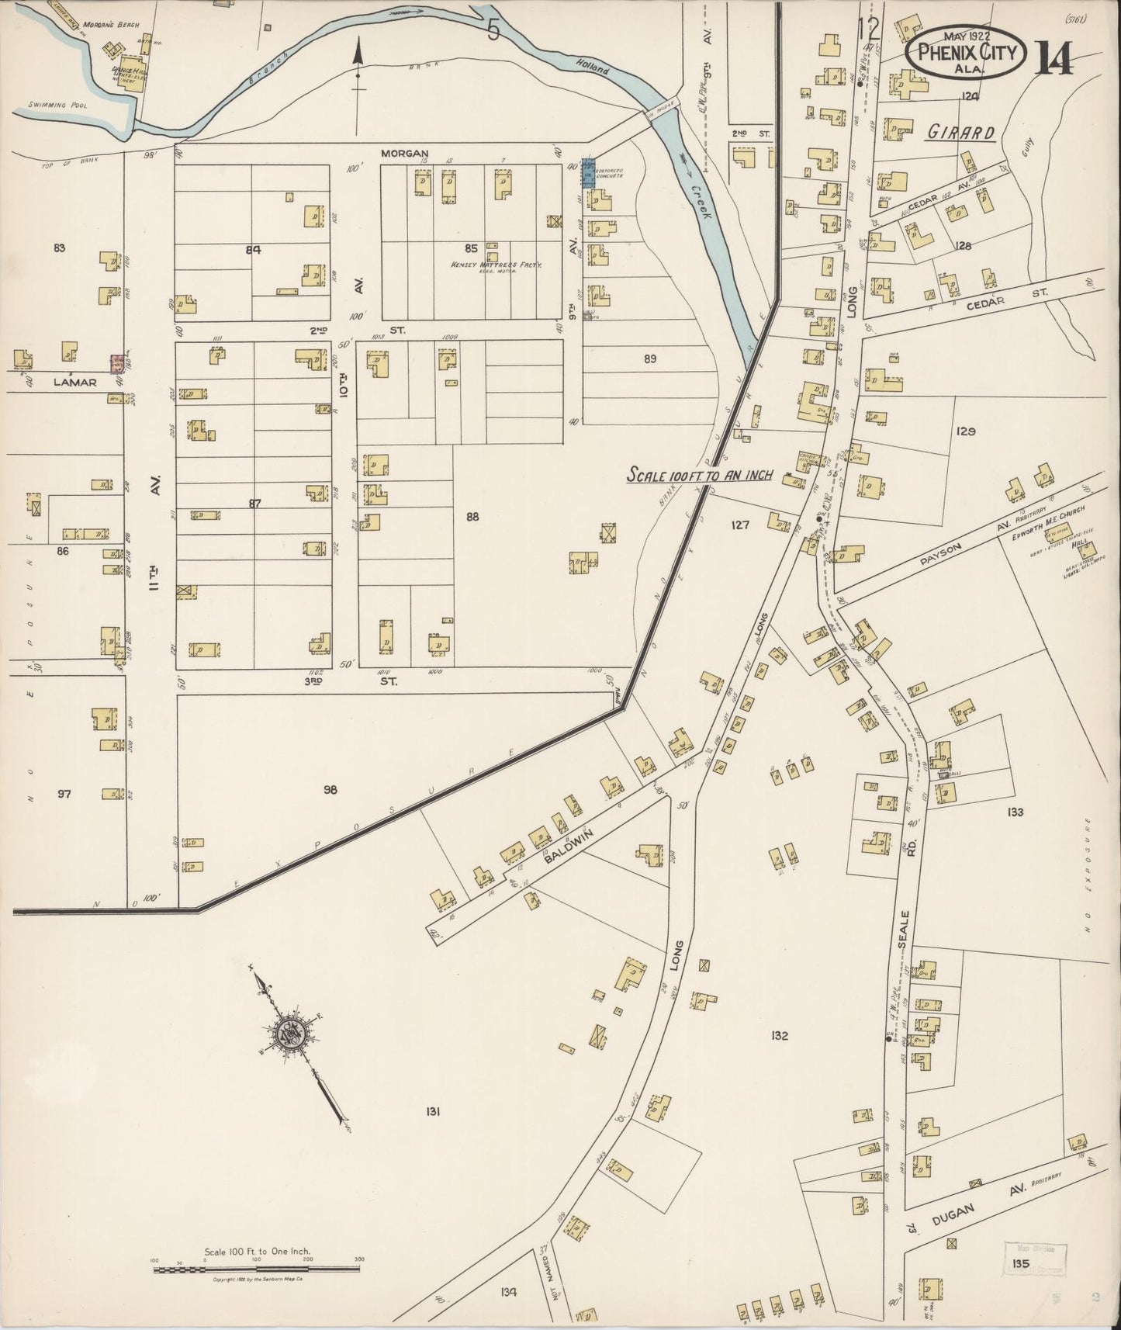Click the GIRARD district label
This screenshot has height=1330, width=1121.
(960, 133)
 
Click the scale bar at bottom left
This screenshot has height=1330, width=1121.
(257, 1268)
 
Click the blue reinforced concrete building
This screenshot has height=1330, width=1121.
(588, 175)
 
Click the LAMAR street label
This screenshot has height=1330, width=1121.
(75, 382)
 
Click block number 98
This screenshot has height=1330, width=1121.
(330, 790)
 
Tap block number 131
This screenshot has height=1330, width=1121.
(433, 1111)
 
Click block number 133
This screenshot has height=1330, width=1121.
(1015, 812)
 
